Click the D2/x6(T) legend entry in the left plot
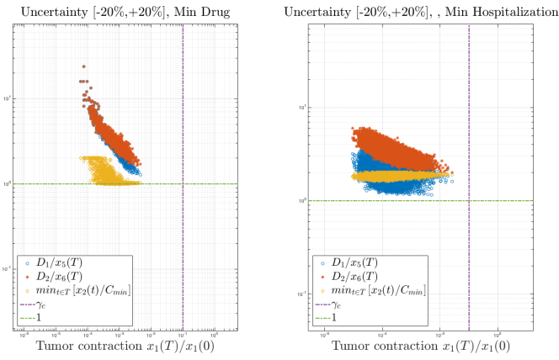coord(71,277)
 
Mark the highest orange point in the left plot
coord(84,66)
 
